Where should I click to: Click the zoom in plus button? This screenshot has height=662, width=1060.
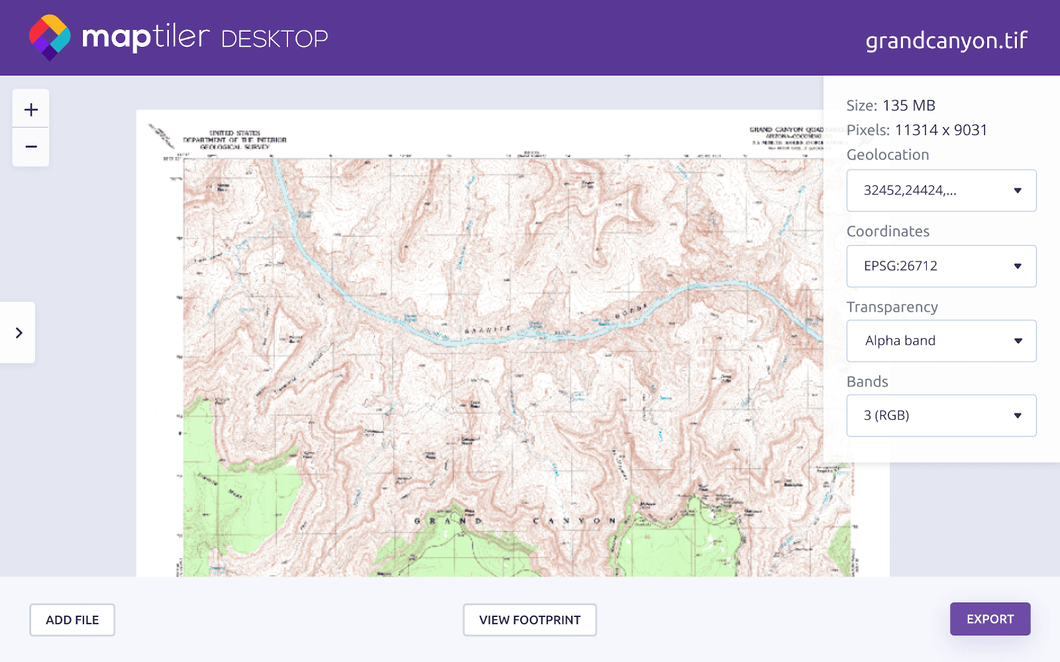coord(31,109)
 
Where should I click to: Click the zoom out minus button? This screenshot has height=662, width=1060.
coord(31,147)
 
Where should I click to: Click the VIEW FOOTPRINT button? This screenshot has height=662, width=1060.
coord(529,620)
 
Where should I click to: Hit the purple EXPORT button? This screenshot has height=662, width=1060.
coord(990,619)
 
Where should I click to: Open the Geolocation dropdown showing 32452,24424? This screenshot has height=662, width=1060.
coord(941,191)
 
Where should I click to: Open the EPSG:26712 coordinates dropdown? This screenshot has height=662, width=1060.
coord(941,266)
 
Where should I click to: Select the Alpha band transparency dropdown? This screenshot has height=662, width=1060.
coord(941,341)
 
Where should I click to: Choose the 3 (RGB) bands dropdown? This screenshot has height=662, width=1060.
coord(941,416)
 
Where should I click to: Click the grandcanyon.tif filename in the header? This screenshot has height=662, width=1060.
coord(946,40)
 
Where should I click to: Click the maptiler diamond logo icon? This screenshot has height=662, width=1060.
coord(50,37)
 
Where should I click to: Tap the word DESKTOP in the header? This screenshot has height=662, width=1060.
coord(274,39)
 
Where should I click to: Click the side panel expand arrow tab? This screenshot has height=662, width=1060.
coord(19,332)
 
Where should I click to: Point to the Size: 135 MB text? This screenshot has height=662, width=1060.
coord(890,105)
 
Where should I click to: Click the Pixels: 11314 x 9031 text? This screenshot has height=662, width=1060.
coord(916,130)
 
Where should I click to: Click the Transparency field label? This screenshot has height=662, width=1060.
coord(892,307)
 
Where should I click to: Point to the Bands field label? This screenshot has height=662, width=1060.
coord(867,382)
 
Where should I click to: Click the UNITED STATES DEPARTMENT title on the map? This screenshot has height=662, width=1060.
coord(235,140)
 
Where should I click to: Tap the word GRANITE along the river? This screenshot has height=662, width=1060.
coord(488,329)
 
